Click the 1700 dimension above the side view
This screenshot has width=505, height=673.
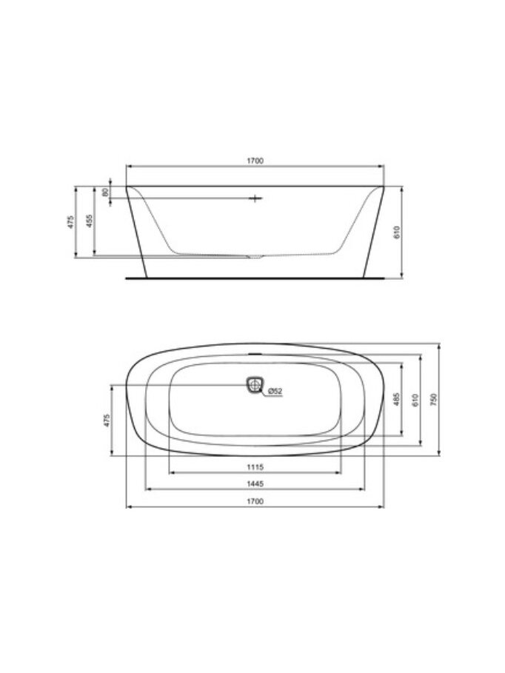pos(255,161)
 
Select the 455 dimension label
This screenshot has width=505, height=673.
pos(89,221)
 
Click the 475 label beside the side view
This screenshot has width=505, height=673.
pos(70,221)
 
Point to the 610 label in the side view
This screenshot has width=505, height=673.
pos(396,232)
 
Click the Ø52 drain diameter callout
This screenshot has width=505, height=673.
pos(275,391)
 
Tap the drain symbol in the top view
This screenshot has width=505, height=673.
pos(254,384)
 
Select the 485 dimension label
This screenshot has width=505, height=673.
pos(396,399)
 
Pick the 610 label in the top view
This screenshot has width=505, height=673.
pos(415,400)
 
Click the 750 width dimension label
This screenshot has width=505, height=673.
pos(433,399)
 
